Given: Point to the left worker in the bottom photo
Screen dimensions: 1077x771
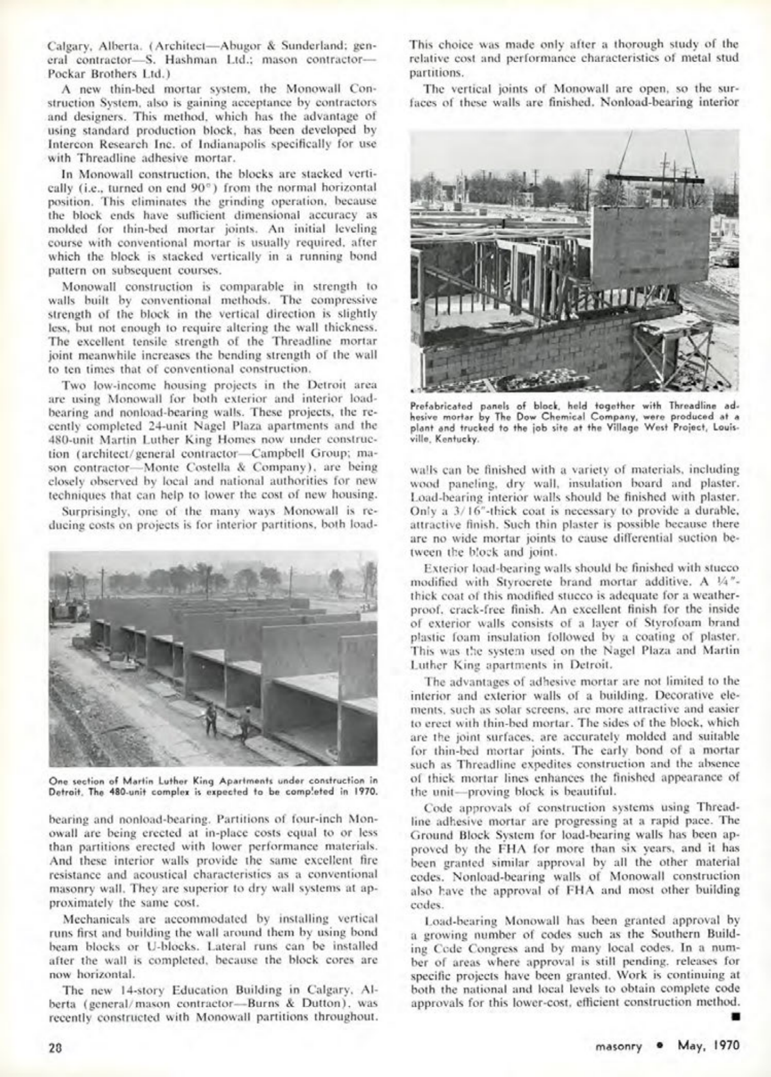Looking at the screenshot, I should tap(211, 718).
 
